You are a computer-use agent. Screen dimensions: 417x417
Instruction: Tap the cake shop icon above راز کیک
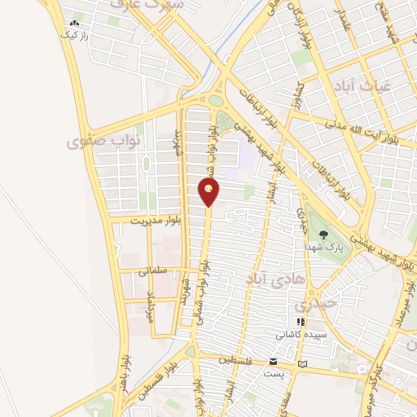coord(75,24)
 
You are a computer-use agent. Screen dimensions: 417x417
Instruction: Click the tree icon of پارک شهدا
coord(336,236)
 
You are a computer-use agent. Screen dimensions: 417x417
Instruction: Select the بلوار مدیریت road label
coord(147,219)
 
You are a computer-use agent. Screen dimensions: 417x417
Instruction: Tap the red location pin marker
coord(209,191)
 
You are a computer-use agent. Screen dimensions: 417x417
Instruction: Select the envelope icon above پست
coord(274,361)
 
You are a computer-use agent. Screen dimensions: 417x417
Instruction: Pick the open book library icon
coord(303,363)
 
